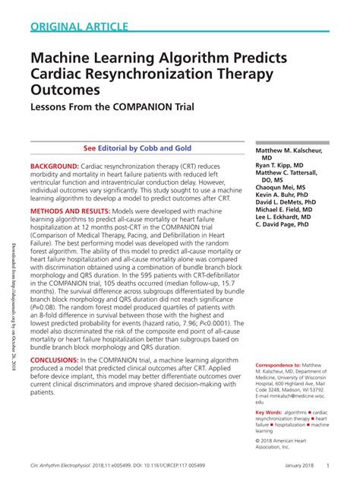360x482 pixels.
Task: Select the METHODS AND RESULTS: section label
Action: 78,211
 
